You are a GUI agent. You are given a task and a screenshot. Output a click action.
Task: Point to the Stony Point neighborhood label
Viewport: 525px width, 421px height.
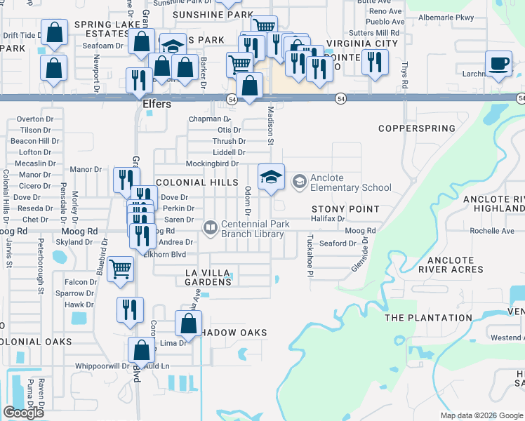[345, 209]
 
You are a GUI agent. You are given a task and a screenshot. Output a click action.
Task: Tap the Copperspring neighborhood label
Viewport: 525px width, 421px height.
[416, 128]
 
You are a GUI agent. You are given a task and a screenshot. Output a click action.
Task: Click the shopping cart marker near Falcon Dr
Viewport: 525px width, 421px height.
[121, 269]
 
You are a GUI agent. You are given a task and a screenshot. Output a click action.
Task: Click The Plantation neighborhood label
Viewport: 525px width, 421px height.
[427, 318]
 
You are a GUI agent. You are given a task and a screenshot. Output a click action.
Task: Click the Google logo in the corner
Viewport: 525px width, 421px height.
[23, 413]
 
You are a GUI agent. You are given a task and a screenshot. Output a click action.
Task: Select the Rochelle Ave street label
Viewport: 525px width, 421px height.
[492, 231]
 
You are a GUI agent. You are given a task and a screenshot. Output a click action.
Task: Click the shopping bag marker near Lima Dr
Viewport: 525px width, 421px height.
[188, 325]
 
